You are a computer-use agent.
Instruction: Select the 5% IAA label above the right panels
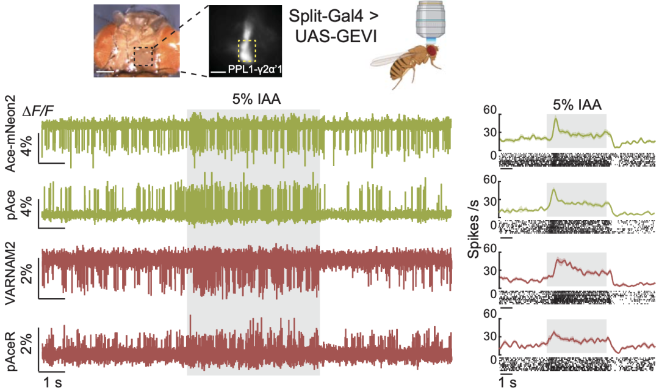(576, 104)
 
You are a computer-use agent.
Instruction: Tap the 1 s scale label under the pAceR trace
(51, 382)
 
